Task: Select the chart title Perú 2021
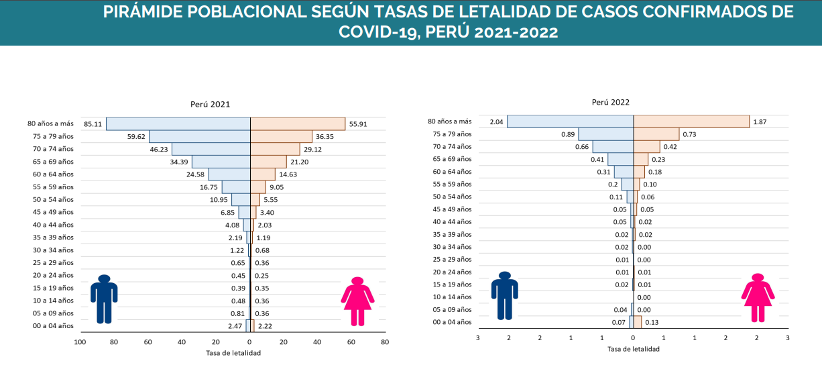tap(211, 105)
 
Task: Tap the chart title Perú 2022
tap(610, 103)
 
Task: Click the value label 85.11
tap(93, 124)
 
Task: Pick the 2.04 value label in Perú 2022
tap(496, 121)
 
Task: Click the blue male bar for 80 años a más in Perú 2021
tap(178, 124)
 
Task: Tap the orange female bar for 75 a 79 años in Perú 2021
tap(281, 137)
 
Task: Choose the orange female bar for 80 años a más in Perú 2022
tap(691, 121)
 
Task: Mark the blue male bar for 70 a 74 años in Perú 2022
tap(613, 146)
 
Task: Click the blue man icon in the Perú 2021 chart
tap(104, 298)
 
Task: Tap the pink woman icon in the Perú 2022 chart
tap(758, 297)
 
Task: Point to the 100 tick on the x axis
tap(80, 342)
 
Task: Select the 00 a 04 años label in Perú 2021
tap(50, 326)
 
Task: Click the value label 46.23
tap(158, 150)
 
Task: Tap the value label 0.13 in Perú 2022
tap(650, 323)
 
